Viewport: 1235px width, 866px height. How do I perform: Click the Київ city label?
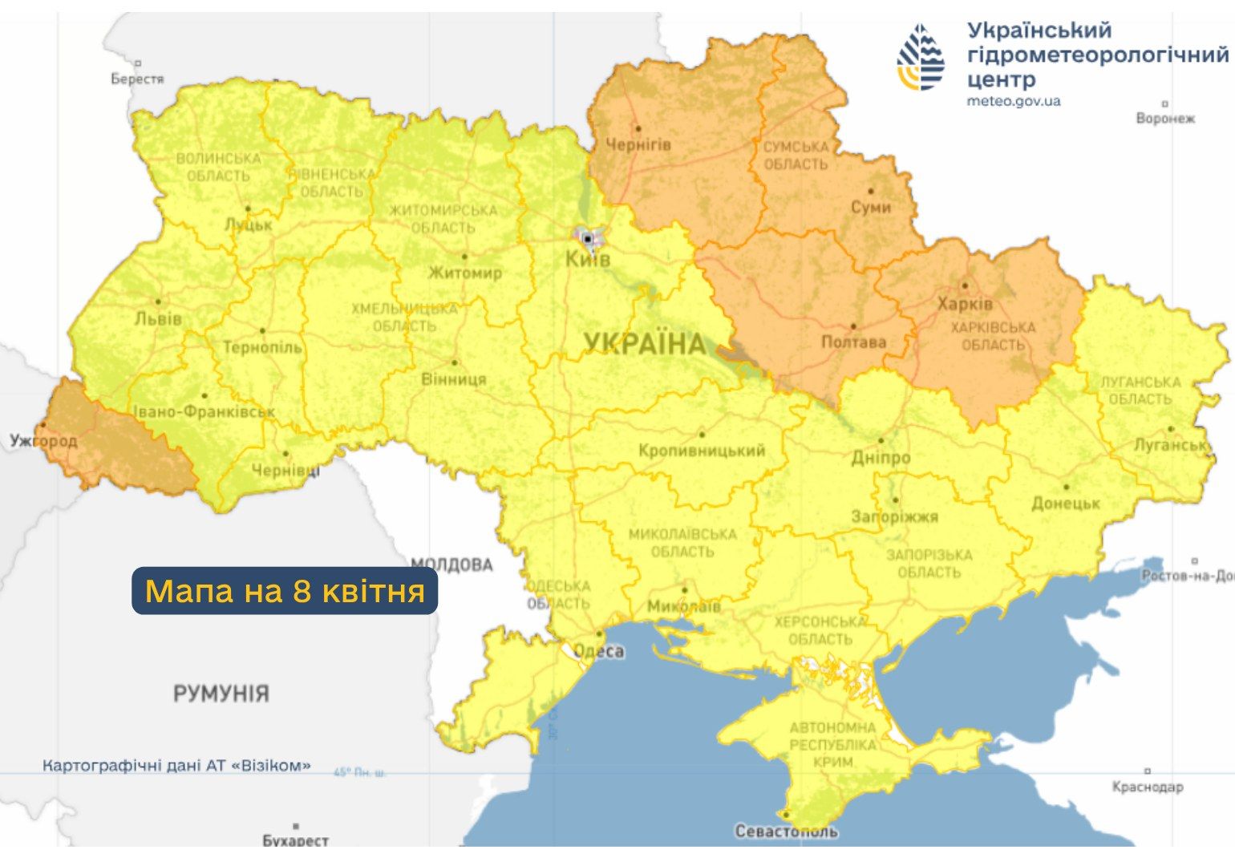587,258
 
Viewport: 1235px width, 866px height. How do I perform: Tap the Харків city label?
965,304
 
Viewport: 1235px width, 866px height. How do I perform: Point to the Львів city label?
158,318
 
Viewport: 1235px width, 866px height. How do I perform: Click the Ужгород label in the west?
43,440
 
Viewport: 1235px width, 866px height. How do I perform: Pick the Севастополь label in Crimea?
786,831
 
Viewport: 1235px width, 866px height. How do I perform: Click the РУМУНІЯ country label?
221,693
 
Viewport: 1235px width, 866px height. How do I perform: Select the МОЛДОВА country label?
451,565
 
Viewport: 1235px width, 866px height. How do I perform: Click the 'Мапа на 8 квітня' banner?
285,591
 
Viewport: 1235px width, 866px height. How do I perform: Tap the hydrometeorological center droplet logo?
921,57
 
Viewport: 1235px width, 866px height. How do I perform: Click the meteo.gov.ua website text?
1013,101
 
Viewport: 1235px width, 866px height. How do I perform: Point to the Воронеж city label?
1164,118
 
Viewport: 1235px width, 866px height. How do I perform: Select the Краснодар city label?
1147,787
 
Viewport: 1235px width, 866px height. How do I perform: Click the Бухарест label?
295,840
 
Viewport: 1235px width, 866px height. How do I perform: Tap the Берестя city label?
137,79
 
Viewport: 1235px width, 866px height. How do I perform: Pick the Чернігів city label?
638,144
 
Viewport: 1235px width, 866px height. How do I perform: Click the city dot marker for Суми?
871,191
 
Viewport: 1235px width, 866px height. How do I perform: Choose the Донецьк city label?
1065,503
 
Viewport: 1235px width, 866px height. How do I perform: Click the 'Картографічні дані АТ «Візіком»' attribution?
176,766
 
